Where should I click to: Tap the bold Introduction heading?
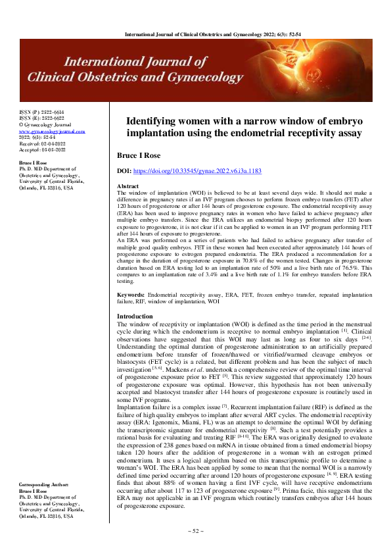[135, 316]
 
